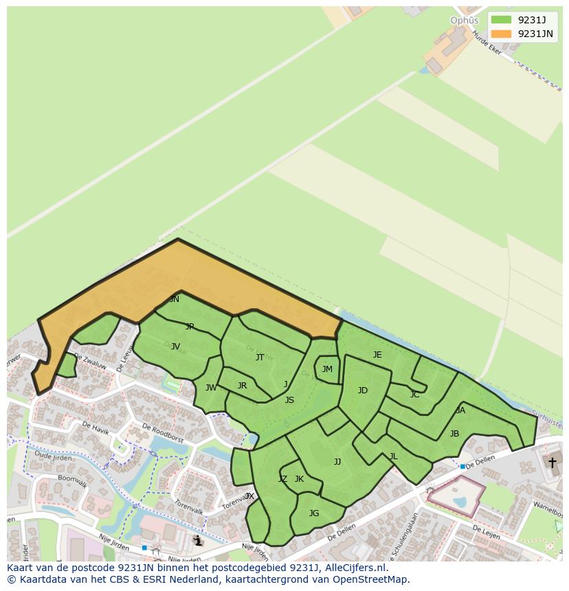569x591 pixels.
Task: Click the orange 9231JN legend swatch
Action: [502, 34]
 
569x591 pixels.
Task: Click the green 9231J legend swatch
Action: [502, 20]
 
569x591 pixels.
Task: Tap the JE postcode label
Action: [377, 355]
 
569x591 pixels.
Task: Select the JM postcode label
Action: [327, 369]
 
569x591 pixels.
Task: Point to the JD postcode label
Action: [363, 391]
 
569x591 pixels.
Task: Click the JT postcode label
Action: [260, 357]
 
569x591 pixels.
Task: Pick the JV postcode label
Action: [175, 347]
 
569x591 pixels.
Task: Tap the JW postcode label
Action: [211, 388]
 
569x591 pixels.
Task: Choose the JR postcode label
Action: [242, 386]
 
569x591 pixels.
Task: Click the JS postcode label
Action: [289, 400]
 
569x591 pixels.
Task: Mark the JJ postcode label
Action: [337, 462]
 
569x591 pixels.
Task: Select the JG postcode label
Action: [314, 513]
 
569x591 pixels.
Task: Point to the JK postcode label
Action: [299, 479]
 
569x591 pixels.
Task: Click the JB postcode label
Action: [454, 434]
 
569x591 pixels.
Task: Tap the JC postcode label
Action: [414, 395]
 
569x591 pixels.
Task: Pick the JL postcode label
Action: [393, 456]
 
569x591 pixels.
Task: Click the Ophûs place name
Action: [464, 21]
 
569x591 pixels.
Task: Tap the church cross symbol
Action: [551, 463]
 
